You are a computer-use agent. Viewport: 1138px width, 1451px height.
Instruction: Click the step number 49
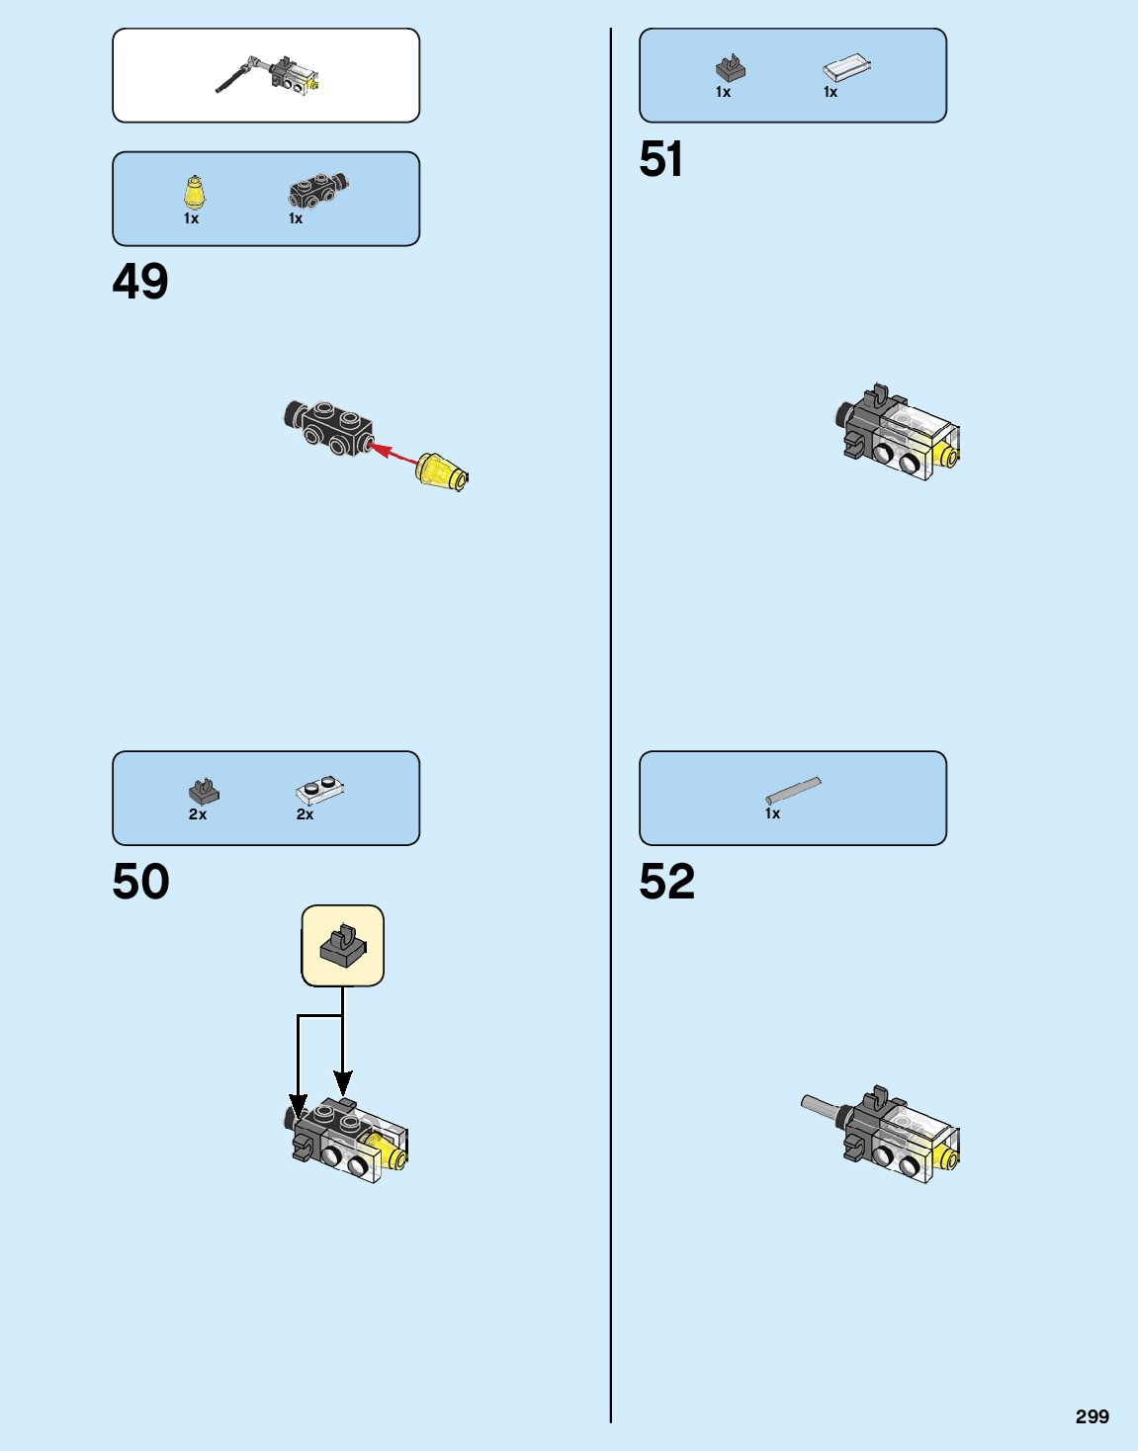pos(140,282)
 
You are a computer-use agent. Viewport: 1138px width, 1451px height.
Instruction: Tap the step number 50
pos(140,882)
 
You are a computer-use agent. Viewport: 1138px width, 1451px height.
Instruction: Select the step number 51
pos(661,159)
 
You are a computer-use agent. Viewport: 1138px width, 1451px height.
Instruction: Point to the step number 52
pos(667,882)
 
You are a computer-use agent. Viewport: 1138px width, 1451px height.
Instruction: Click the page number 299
pos(1093,1416)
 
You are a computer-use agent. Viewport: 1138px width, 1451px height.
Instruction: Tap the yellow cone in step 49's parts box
pos(195,192)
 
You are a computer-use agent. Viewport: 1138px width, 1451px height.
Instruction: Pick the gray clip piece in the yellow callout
pos(343,946)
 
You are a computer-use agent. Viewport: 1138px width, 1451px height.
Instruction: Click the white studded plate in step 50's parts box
pos(319,791)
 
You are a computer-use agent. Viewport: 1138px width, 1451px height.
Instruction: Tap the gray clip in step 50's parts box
pos(204,791)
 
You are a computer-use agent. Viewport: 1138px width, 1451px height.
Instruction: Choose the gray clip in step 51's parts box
pos(731,67)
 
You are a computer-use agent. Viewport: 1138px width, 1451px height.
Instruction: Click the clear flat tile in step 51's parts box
pos(847,67)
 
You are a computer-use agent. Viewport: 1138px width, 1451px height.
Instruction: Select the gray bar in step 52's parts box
pos(793,791)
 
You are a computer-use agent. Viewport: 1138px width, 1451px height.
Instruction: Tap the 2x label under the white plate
pos(306,814)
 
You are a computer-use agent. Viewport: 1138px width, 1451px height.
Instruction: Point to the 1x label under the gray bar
pos(773,813)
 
